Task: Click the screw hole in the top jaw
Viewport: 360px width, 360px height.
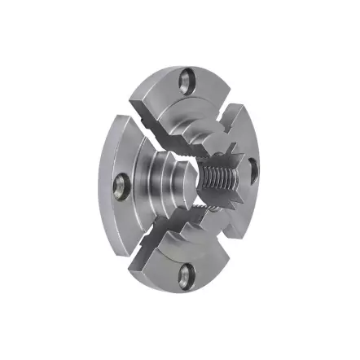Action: click(188, 79)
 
